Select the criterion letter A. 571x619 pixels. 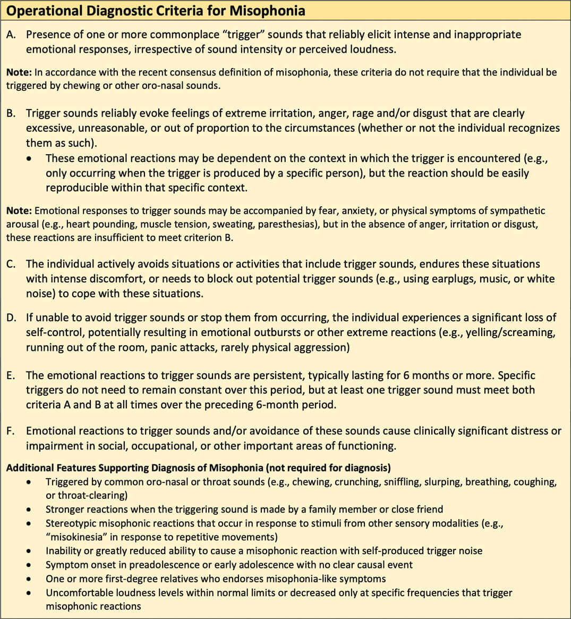11,35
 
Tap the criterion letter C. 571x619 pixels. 11,264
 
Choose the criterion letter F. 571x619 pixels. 10,431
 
